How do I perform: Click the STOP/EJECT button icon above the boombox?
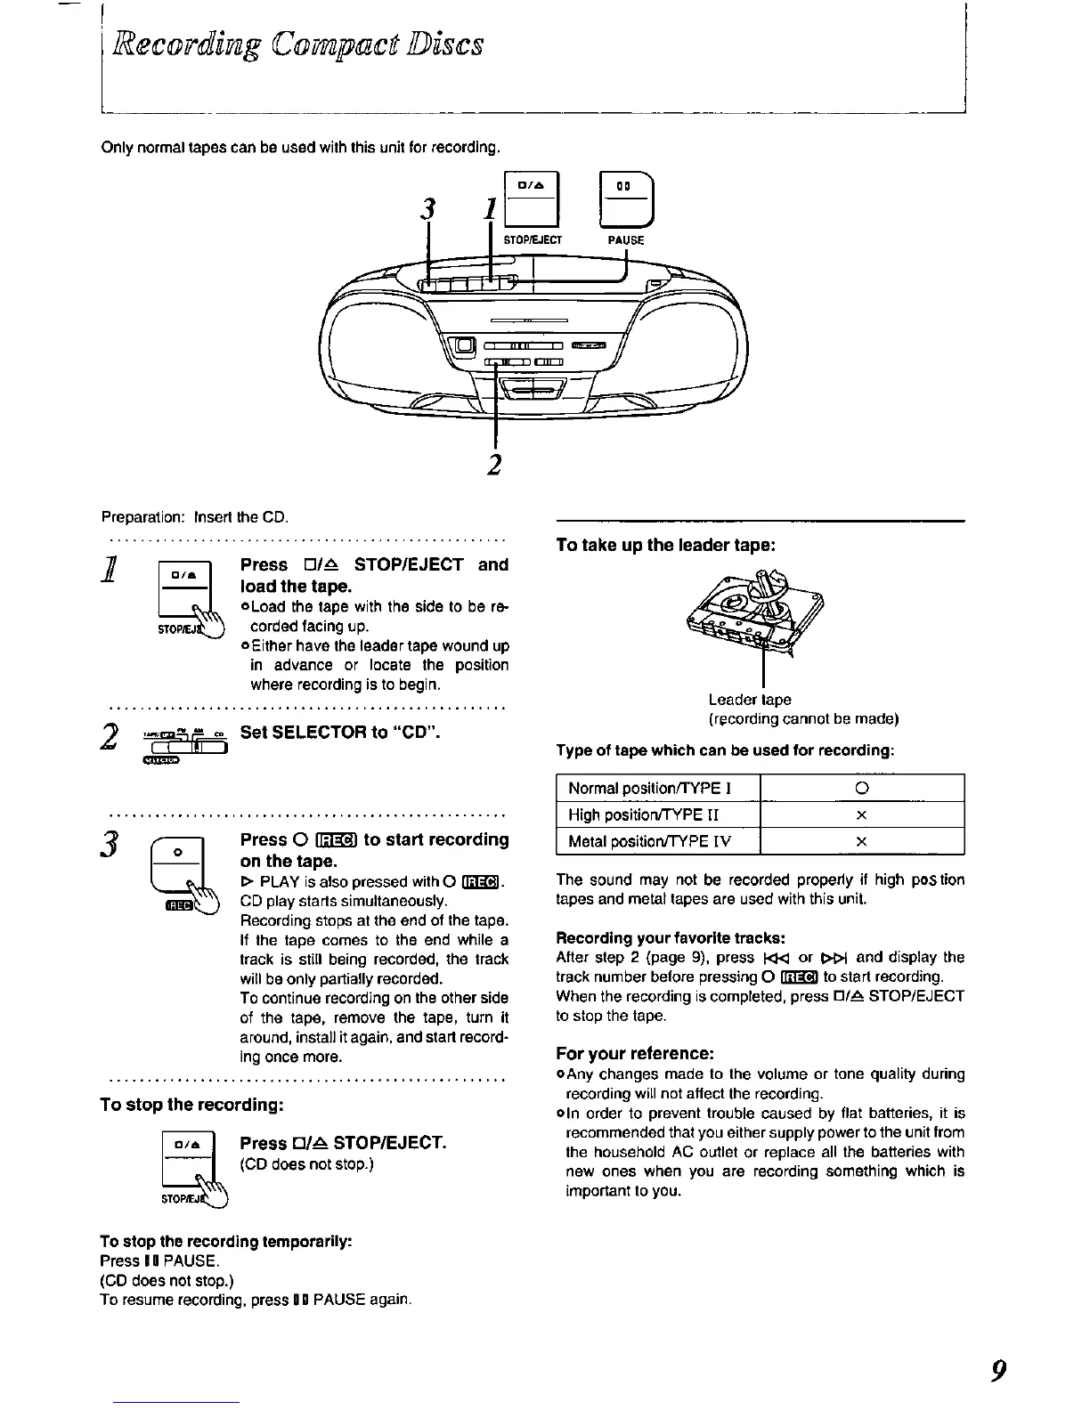point(532,199)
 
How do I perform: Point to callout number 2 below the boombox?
point(494,464)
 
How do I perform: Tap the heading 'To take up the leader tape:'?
point(666,545)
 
